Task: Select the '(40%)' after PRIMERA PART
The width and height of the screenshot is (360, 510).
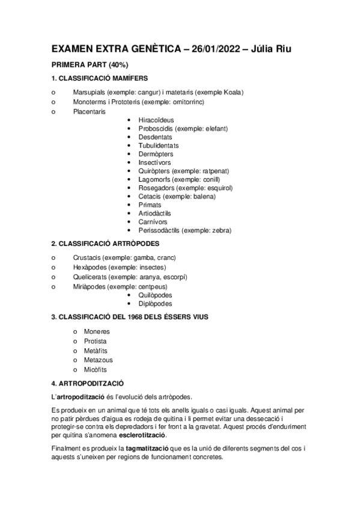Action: tap(115, 65)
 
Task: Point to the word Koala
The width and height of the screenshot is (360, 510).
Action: tap(231, 92)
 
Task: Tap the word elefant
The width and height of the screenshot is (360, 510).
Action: tap(215, 128)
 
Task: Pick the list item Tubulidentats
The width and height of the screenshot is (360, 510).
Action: tap(158, 145)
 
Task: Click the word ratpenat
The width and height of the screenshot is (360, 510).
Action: tap(216, 171)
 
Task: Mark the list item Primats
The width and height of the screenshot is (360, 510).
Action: tap(150, 204)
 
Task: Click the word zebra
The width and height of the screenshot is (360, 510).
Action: tap(219, 230)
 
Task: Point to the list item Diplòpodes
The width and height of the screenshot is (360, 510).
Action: tap(155, 303)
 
